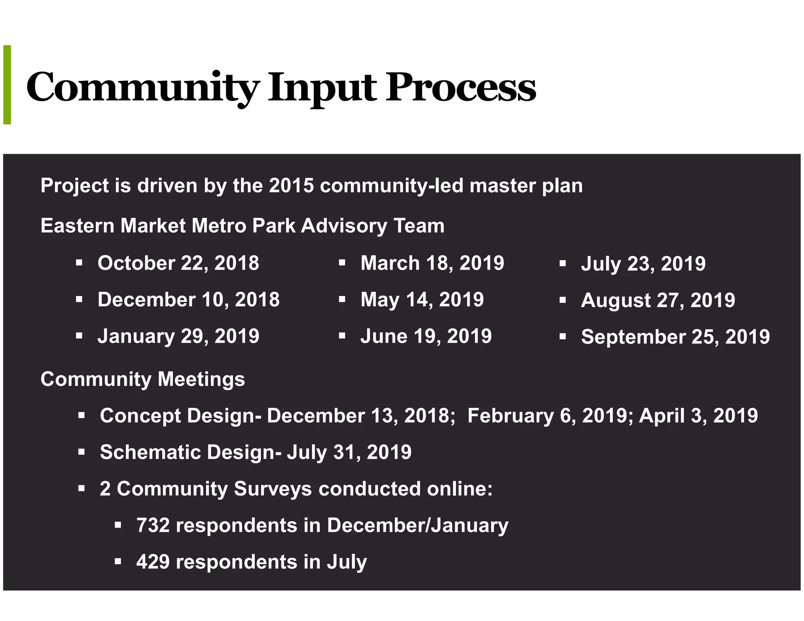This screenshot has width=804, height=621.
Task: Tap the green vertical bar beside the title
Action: [x=7, y=85]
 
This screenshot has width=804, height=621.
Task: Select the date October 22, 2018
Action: [x=178, y=263]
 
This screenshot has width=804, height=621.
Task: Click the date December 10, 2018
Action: [x=188, y=300]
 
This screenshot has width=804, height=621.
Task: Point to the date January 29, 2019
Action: [x=178, y=336]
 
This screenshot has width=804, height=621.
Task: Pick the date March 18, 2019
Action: [x=432, y=263]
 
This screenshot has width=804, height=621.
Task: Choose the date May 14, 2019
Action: [x=422, y=300]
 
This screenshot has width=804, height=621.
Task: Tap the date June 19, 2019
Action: [x=426, y=336]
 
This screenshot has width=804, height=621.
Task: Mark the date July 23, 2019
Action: [x=643, y=263]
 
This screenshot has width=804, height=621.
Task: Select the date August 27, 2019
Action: [x=658, y=300]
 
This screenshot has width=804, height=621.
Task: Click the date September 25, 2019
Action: [x=675, y=337]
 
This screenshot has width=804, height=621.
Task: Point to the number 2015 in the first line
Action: [x=291, y=186]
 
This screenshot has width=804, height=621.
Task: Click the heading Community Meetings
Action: [x=143, y=379]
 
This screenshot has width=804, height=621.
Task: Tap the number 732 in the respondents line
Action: [x=153, y=525]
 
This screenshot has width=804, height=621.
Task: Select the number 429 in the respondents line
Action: [x=153, y=562]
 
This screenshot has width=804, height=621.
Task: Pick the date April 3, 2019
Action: [x=698, y=416]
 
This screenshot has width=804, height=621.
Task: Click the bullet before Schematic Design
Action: [x=82, y=452]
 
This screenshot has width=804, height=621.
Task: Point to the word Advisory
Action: [x=344, y=226]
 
